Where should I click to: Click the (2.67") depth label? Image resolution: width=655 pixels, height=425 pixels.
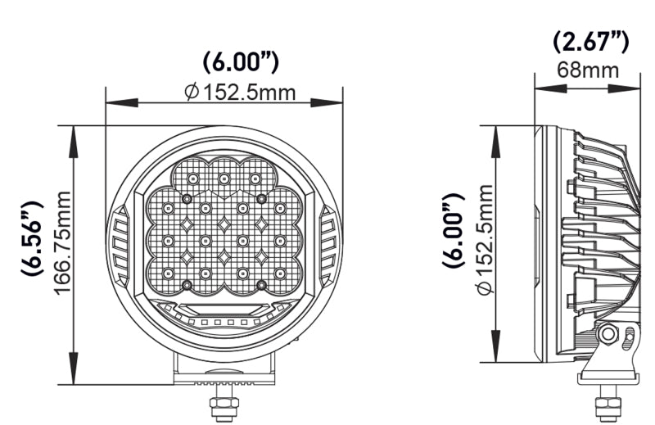tap(589, 40)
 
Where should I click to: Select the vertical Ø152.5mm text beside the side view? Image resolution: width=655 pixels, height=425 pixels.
tap(482, 242)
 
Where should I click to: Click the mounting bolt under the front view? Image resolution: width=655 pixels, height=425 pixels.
tap(222, 406)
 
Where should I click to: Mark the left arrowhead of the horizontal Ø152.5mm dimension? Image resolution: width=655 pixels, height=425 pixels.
tap(112, 103)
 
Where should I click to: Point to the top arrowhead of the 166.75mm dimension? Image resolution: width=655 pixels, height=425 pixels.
tap(74, 133)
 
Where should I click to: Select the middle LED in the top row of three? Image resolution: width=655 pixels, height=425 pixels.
tap(224, 178)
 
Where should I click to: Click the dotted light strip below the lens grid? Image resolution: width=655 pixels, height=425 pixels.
tap(223, 323)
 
